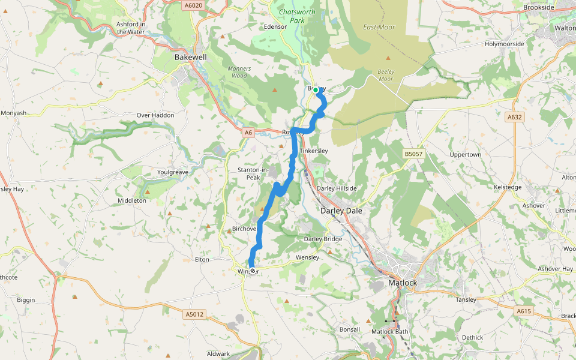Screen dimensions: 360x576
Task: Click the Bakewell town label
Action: [x=190, y=57]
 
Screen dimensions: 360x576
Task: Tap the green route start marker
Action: [x=316, y=90]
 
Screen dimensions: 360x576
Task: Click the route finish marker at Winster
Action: [x=252, y=271]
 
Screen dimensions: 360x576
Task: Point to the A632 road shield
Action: [x=515, y=118]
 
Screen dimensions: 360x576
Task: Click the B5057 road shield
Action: [x=413, y=154]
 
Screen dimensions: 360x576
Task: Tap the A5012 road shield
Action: [x=194, y=314]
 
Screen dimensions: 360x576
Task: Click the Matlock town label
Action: [x=402, y=283]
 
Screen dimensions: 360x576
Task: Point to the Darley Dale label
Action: [x=341, y=211]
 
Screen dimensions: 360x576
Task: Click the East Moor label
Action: [x=379, y=27]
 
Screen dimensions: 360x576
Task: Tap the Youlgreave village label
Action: [x=173, y=172]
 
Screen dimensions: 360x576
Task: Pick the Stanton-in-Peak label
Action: [x=256, y=174]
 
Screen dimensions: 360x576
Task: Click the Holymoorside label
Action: [x=505, y=44]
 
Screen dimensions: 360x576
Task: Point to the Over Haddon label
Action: [x=155, y=115]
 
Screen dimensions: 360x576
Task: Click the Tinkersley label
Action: [x=314, y=151]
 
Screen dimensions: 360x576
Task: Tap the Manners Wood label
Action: [x=239, y=72]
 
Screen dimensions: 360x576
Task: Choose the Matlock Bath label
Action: [x=390, y=331]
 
